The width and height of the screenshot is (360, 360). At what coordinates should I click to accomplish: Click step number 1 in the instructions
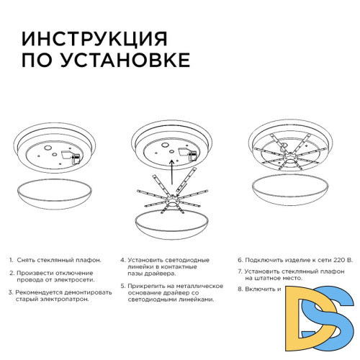pyautogui.click(x=12, y=259)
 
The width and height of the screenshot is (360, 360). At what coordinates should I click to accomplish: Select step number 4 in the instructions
pyautogui.click(x=123, y=259)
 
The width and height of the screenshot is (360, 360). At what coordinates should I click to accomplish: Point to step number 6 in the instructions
pyautogui.click(x=240, y=259)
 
